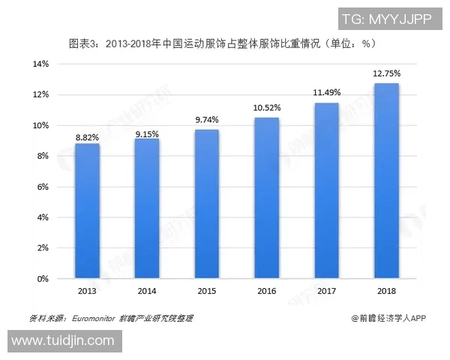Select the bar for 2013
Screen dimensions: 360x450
pyautogui.click(x=87, y=211)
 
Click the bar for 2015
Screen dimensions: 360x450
pyautogui.click(x=207, y=204)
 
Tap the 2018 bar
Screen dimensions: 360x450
pyautogui.click(x=386, y=181)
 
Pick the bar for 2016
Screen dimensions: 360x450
pyautogui.click(x=266, y=198)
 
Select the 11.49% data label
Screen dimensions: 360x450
pyautogui.click(x=326, y=93)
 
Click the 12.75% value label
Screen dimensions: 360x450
pyautogui.click(x=386, y=73)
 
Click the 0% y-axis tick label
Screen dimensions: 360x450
pyautogui.click(x=43, y=279)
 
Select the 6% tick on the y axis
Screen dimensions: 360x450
pyautogui.click(x=43, y=187)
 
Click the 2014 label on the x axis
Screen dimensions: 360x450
pyautogui.click(x=147, y=290)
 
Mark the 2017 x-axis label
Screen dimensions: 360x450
pyautogui.click(x=326, y=290)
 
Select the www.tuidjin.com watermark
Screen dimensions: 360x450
pyautogui.click(x=62, y=341)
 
